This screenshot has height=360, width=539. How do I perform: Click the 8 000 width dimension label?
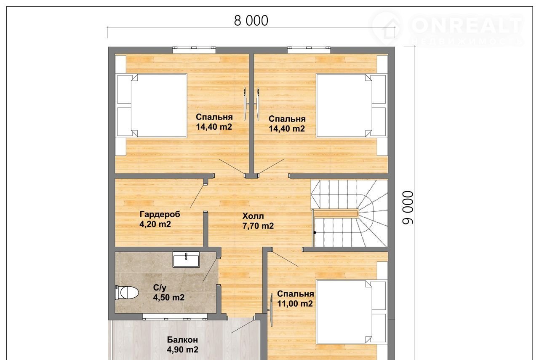pos(251,21)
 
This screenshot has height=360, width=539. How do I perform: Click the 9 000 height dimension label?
pos(408,208)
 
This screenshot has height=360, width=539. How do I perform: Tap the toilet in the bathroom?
pos(127,292)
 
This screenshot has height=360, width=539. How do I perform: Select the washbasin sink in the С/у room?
pos(186,259)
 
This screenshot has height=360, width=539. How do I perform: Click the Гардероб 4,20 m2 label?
pos(160,219)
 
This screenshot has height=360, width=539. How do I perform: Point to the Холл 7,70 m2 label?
pos(258,221)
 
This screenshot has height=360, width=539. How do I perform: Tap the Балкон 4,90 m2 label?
pos(182,344)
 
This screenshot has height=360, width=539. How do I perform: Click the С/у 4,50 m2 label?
pos(169,292)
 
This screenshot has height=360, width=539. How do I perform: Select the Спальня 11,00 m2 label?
pos(296,299)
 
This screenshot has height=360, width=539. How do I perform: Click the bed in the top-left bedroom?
pos(152,106)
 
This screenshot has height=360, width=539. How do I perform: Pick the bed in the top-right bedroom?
pos(351,106)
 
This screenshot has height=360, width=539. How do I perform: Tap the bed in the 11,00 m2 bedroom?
pos(351,312)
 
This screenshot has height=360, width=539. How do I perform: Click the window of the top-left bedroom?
pos(194,50)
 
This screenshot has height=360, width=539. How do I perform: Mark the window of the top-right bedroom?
pos(309,50)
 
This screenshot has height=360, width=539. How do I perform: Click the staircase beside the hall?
pos(350,213)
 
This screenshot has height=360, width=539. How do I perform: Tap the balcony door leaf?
pos(243,326)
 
